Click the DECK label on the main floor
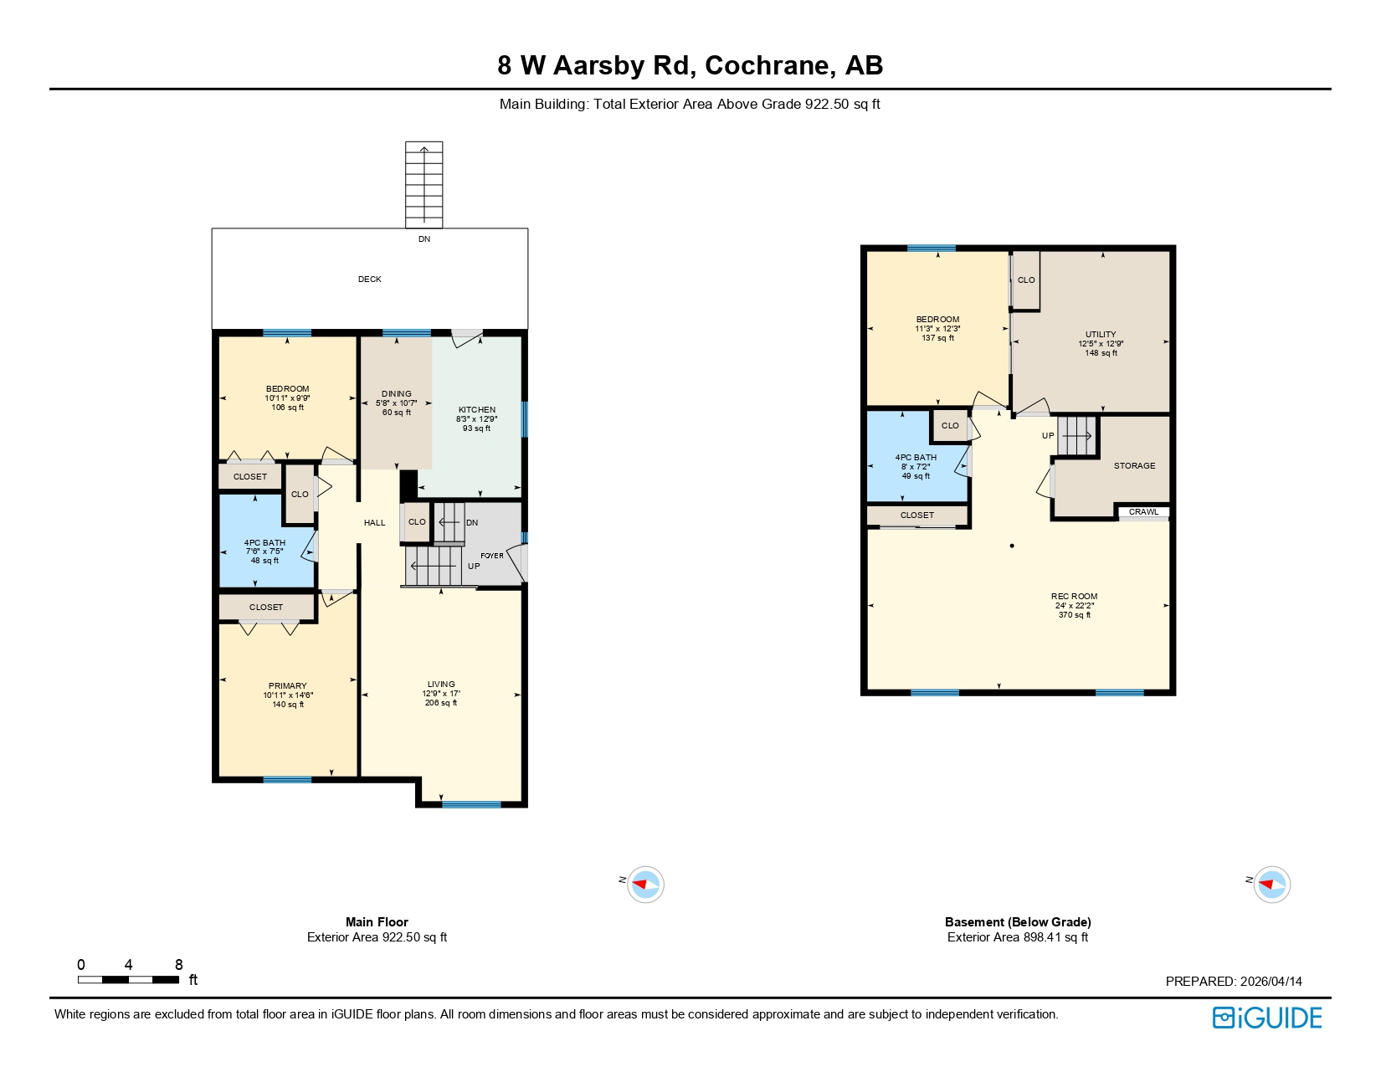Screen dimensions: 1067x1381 click(369, 280)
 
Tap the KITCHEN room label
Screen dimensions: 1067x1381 click(477, 410)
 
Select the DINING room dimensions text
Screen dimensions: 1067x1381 click(396, 403)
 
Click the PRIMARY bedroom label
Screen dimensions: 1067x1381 click(287, 685)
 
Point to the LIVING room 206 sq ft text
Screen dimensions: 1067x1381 click(441, 703)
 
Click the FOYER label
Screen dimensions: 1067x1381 click(492, 556)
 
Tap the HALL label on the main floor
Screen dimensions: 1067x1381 click(374, 523)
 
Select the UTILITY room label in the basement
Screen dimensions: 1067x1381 click(1101, 334)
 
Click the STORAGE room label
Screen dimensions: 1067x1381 click(1134, 466)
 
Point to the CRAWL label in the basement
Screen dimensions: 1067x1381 click(1143, 512)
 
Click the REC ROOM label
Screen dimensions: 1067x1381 click(1074, 597)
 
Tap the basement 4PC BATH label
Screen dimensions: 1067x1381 click(916, 458)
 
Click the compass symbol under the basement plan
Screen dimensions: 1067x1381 click(1272, 884)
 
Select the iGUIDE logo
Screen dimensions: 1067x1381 click(1267, 1018)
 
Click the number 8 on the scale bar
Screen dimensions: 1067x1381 click(178, 965)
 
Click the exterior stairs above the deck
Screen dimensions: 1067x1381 click(424, 184)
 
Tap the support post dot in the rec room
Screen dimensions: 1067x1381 click(1012, 546)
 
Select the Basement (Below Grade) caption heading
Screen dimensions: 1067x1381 click(1018, 922)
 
